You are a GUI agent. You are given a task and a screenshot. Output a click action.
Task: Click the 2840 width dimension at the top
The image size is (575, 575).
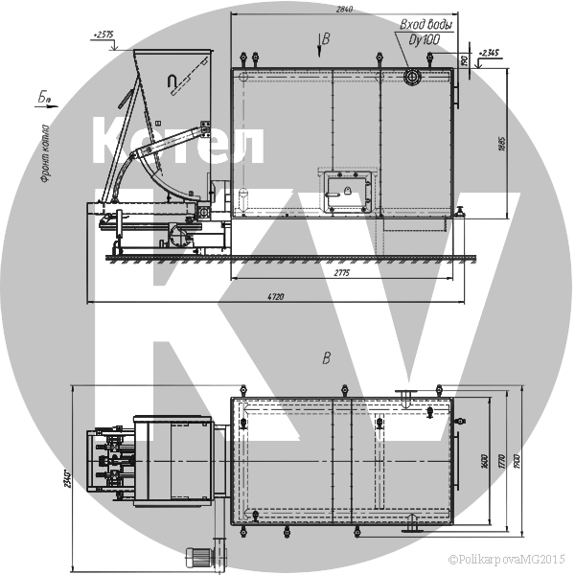click(344, 10)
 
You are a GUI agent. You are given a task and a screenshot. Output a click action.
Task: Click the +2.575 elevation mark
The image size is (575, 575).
click(103, 34)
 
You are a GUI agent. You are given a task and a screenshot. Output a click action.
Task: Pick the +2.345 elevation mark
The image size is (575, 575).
click(488, 52)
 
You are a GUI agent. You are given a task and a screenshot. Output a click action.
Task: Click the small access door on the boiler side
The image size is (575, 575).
click(345, 190)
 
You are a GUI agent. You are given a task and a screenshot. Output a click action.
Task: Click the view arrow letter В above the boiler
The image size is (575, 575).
click(326, 39)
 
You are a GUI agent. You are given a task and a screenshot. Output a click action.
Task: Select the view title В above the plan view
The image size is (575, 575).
click(326, 359)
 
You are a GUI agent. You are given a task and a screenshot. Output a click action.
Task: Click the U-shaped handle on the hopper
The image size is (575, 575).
click(172, 83)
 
